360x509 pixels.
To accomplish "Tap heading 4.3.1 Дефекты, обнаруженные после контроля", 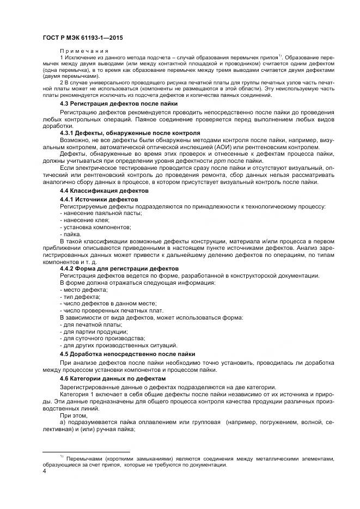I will [x=130, y=133].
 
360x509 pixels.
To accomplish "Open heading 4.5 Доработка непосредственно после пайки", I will [x=127, y=353].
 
